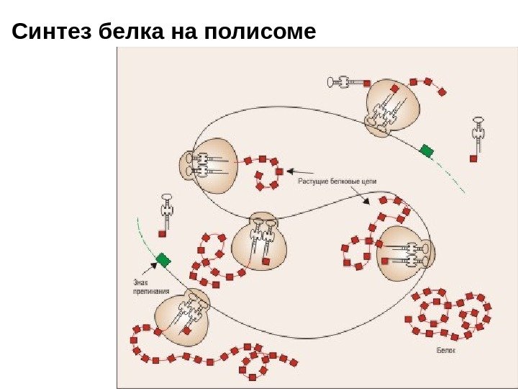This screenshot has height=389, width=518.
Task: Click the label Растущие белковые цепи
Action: coord(337,182)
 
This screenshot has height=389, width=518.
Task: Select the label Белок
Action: coord(446,349)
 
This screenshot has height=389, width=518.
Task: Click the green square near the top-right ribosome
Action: coord(427,150)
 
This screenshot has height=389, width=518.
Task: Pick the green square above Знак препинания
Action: coord(164,259)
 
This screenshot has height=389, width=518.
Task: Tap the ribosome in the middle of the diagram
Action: coord(260,241)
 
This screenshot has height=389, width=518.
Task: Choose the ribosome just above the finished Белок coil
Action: coord(403,252)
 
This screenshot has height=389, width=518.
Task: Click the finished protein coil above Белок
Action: coord(450,314)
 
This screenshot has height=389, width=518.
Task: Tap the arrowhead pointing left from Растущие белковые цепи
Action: coord(289,171)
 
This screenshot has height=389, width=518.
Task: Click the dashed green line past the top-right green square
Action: coord(453,176)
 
